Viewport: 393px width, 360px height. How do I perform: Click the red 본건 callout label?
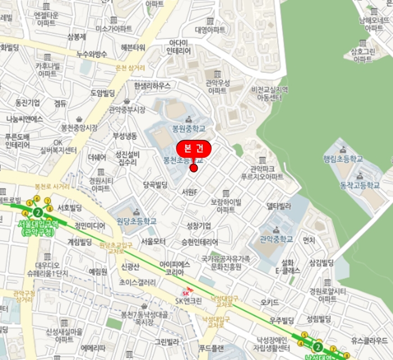tap(194, 148)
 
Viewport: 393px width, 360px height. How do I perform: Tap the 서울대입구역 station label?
tap(36, 228)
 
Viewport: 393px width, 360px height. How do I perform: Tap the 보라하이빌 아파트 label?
tap(226, 206)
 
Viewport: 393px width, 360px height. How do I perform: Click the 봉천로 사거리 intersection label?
tap(52, 186)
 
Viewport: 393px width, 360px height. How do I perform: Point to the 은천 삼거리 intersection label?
tap(129, 68)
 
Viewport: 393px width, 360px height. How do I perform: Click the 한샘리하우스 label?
tap(152, 85)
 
